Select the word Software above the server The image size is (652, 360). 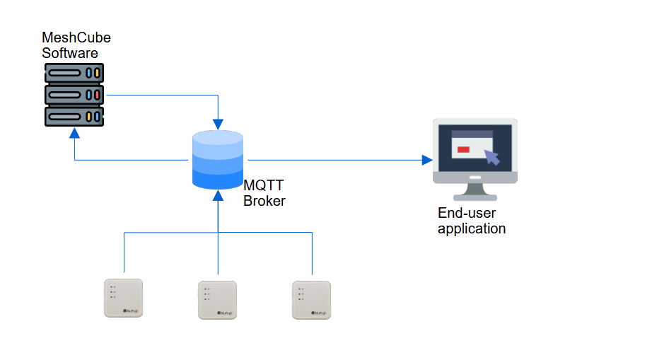click(70, 53)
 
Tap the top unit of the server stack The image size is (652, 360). click(74, 73)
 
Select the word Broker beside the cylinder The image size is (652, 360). click(264, 201)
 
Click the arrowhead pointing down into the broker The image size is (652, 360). click(219, 124)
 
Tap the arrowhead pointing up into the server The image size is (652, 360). click(74, 133)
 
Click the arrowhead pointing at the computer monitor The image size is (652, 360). click(426, 160)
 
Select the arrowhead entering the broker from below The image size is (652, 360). click(219, 193)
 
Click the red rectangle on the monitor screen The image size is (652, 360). click(463, 149)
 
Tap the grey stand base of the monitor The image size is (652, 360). click(475, 197)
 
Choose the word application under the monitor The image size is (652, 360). click(472, 228)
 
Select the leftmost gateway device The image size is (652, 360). click(124, 298)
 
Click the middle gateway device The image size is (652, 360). click(217, 300)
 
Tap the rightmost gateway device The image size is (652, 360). click(312, 299)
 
